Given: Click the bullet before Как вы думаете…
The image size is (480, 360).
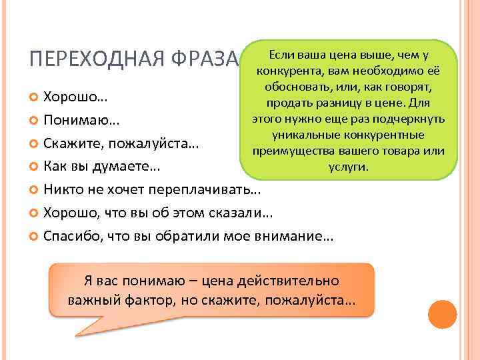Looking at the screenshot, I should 35,165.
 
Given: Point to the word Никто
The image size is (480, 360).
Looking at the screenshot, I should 62,189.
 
